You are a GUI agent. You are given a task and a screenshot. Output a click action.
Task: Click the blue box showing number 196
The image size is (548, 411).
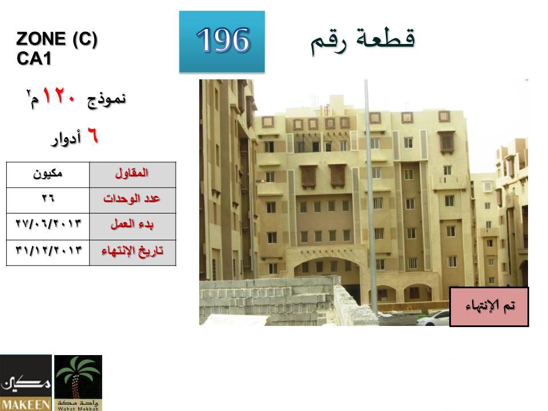(x=222, y=42)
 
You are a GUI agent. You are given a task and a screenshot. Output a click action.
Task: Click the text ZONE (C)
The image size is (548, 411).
(x=57, y=38)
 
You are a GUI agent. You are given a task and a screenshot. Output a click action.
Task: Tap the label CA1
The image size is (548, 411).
(x=34, y=58)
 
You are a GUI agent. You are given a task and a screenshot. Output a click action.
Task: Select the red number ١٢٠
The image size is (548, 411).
(x=59, y=96)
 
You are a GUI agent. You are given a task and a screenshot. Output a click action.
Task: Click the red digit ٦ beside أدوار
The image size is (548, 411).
(x=92, y=136)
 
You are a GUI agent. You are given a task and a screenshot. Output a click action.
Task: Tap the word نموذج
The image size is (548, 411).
(x=106, y=99)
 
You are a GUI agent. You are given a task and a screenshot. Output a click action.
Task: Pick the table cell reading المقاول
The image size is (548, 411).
(x=132, y=175)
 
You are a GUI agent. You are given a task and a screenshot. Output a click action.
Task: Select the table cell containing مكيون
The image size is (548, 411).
(x=48, y=175)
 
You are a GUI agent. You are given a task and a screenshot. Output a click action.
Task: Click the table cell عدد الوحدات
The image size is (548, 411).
(x=132, y=200)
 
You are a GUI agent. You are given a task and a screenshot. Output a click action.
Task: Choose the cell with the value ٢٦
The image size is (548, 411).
(x=48, y=200)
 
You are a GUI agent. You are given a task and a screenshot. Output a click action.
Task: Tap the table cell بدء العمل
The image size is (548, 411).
(x=132, y=227)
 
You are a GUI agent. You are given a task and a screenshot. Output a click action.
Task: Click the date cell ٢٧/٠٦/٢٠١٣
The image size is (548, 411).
(x=48, y=227)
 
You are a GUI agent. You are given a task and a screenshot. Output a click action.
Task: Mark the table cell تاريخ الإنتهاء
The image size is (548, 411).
(x=132, y=253)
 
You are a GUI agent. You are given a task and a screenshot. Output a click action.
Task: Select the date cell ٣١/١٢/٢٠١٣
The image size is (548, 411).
(x=48, y=253)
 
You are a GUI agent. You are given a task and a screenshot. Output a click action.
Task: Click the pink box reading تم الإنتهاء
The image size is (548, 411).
(x=489, y=307)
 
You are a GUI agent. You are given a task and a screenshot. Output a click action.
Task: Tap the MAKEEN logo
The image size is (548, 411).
(x=26, y=382)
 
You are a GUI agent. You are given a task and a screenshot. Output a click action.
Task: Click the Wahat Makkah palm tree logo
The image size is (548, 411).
(x=78, y=382)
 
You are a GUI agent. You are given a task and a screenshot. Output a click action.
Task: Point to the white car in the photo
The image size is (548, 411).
(x=433, y=318)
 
